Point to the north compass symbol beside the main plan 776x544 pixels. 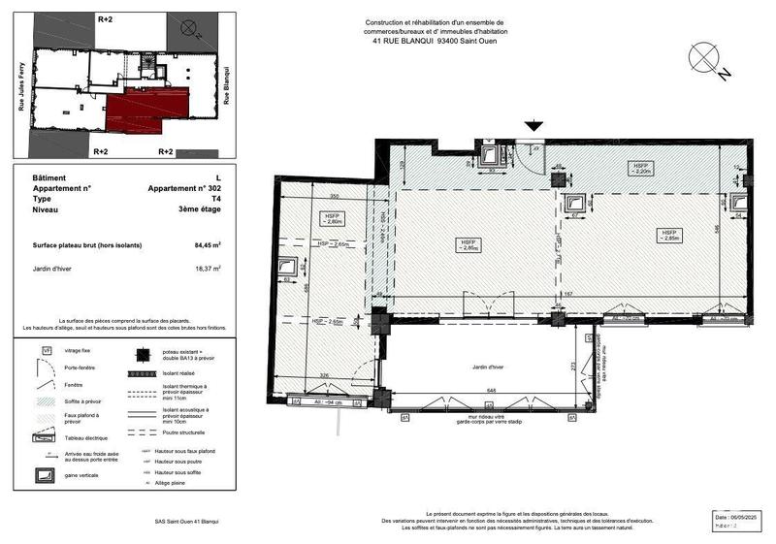click(x=705, y=59)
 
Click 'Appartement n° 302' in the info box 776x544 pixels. click(x=184, y=188)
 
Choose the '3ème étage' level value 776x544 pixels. click(x=201, y=209)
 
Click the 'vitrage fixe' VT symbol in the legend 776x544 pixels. click(x=46, y=351)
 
